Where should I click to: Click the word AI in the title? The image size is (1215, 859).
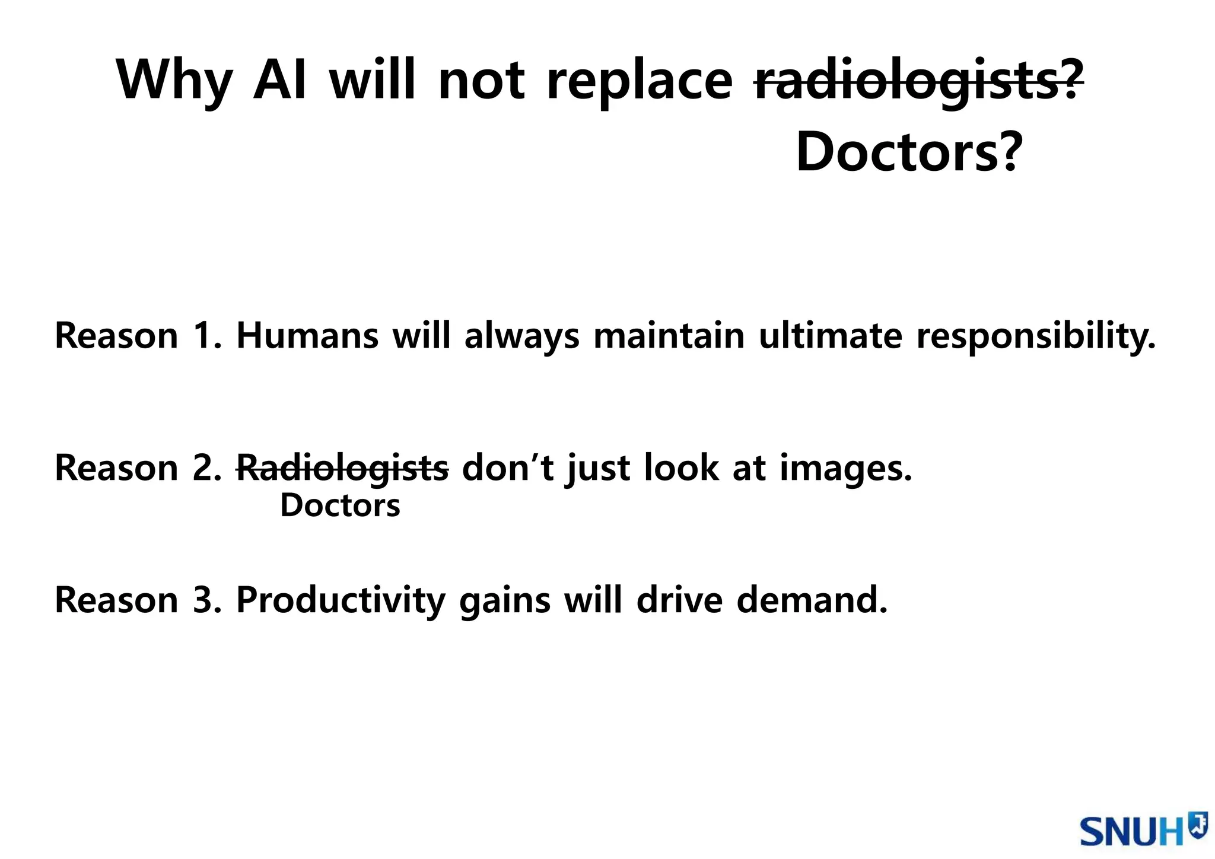coord(280,80)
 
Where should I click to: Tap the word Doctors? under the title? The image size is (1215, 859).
coord(909,152)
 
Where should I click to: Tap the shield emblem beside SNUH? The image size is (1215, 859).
coord(1197,824)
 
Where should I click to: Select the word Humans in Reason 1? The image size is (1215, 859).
coord(307,336)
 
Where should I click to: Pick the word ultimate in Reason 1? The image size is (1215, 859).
coord(831,336)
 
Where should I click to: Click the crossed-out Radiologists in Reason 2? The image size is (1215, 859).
coord(342,467)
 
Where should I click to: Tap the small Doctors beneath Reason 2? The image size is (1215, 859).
coord(340,506)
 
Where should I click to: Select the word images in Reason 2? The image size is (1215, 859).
coord(845,469)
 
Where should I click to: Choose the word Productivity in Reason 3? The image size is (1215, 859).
coord(341,600)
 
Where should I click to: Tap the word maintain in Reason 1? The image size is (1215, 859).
coord(669,336)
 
